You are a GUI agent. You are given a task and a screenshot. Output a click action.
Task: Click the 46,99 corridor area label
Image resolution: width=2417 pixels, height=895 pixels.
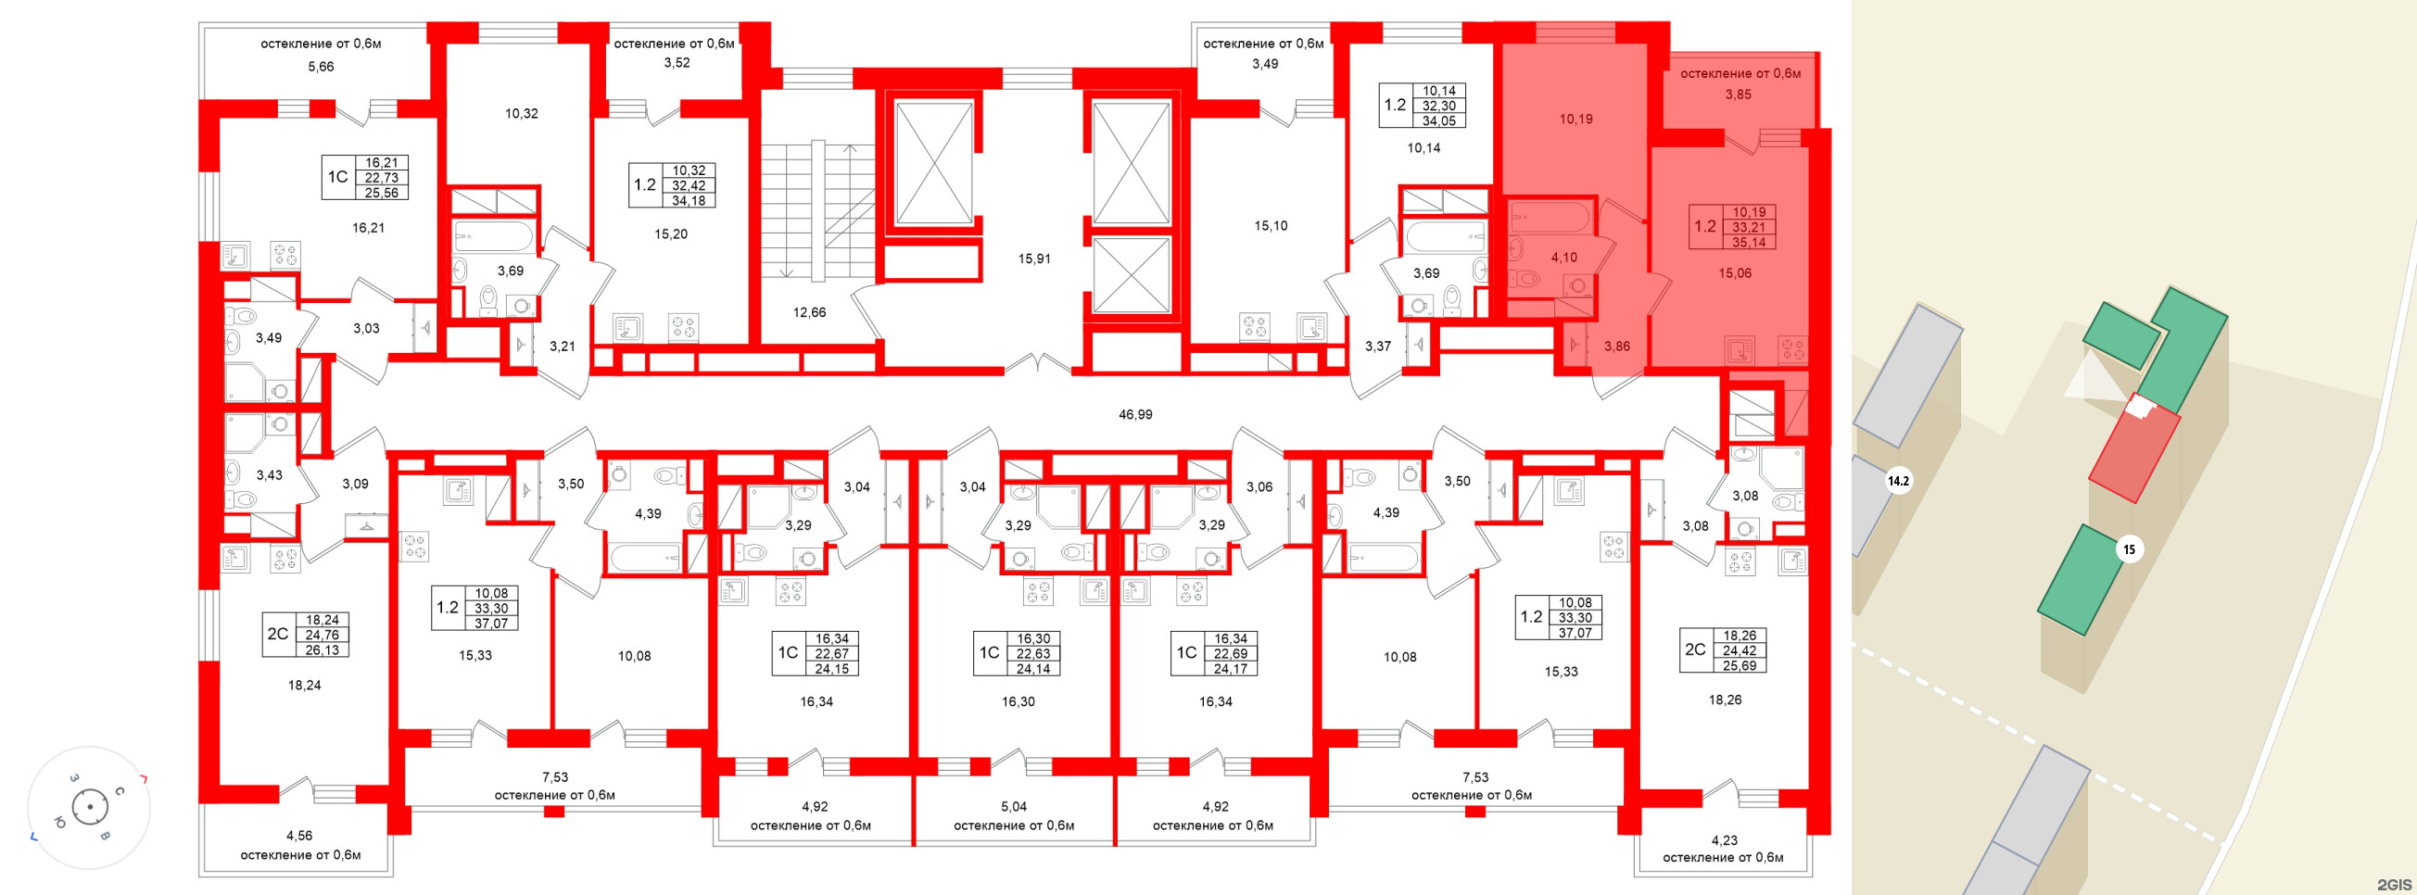coord(1134,414)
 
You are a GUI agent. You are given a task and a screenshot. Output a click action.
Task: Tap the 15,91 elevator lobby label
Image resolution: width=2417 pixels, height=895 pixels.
coord(1034,258)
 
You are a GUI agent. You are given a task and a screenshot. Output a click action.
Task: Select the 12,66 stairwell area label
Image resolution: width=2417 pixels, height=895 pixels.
coord(809,312)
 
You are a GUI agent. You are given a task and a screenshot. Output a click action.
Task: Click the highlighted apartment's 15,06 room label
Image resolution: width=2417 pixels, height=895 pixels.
coord(1734,273)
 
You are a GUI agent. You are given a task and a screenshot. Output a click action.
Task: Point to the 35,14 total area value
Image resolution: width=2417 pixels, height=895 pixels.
coord(1749,242)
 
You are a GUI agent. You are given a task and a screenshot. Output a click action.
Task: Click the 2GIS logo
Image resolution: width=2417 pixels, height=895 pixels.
coord(2394,884)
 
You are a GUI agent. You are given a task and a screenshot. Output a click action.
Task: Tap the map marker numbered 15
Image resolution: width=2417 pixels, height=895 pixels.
coord(2129,548)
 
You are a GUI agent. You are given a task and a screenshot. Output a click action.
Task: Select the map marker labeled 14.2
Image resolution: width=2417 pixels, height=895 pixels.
coord(1898,481)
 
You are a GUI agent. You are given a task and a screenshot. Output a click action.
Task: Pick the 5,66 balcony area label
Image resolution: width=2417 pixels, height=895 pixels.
coord(321,67)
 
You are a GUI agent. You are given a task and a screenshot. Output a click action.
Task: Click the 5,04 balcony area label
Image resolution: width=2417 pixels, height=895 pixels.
coord(1013,806)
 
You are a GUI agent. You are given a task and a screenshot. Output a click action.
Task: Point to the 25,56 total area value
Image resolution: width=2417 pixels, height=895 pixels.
coord(381,193)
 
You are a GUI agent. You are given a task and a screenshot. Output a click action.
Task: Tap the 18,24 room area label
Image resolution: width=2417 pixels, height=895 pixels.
coord(304,685)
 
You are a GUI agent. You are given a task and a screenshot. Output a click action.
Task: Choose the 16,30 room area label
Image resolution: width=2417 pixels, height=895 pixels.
coord(1018,700)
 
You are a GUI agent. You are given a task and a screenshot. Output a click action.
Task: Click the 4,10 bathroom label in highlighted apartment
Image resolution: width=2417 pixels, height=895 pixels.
coord(1563,257)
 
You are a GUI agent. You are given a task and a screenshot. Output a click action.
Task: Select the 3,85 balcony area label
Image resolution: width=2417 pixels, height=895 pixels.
coord(1738,94)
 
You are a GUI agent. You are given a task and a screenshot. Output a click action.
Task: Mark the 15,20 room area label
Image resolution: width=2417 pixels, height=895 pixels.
coord(671,234)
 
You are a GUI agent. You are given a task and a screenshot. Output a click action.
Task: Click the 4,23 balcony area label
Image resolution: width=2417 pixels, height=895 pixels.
coord(1724,840)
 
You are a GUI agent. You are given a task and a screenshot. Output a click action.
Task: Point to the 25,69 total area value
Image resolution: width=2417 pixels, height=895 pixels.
coord(1739,665)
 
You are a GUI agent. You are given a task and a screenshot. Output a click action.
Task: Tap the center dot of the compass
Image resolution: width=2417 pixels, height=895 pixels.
coord(90,807)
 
